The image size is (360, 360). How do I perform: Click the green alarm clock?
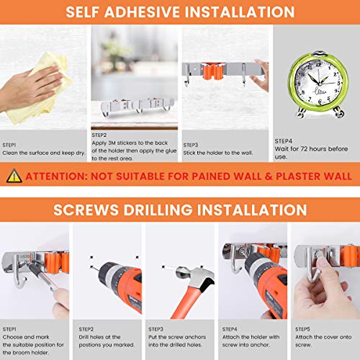[318, 84]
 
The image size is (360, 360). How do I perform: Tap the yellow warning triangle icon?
[14, 176]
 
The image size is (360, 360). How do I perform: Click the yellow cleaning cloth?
[41, 89]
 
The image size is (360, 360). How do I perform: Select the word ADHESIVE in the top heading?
[143, 12]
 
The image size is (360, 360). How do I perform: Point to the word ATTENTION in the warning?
[56, 176]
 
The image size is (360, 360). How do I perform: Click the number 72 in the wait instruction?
[304, 149]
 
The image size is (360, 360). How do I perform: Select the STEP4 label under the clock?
[284, 141]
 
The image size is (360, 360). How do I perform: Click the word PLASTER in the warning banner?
[298, 176]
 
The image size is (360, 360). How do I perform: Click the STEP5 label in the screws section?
[302, 329]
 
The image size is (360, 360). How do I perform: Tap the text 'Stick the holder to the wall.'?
[218, 153]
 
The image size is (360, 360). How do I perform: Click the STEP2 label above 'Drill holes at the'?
[86, 329]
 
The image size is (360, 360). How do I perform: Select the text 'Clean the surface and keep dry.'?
[44, 153]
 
